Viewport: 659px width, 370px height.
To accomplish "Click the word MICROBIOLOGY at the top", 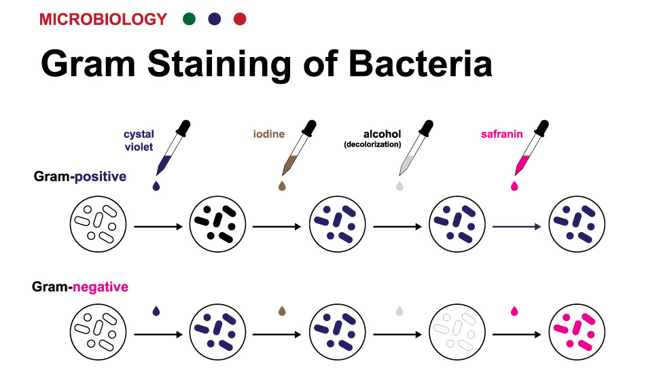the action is pyautogui.click(x=103, y=19).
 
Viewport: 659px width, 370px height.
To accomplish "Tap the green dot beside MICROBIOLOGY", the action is pyautogui.click(x=189, y=19).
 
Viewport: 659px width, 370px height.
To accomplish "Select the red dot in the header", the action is pyautogui.click(x=240, y=19).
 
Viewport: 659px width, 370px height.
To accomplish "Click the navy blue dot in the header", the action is pyautogui.click(x=215, y=19).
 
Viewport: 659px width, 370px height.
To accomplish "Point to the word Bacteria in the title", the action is pyautogui.click(x=421, y=64).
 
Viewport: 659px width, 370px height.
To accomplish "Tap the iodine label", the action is pyautogui.click(x=269, y=134).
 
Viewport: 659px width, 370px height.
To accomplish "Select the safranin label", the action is pyautogui.click(x=502, y=134).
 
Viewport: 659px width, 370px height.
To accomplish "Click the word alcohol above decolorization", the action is pyautogui.click(x=382, y=134).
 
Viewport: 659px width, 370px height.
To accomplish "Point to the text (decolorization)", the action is pyautogui.click(x=372, y=145).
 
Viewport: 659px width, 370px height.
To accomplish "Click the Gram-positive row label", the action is pyautogui.click(x=80, y=177).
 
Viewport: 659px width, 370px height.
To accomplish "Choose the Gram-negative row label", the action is pyautogui.click(x=80, y=287).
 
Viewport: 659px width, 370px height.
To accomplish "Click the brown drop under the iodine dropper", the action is pyautogui.click(x=282, y=185).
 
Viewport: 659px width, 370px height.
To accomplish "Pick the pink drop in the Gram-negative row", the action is pyautogui.click(x=514, y=311).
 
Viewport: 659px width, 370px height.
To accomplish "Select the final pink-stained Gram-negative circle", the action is pyautogui.click(x=577, y=332).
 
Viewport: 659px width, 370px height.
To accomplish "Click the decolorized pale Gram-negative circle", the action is pyautogui.click(x=457, y=332).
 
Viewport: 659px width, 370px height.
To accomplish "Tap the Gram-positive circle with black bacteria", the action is pyautogui.click(x=217, y=224).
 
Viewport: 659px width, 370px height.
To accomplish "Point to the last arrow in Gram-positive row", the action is pyautogui.click(x=516, y=227).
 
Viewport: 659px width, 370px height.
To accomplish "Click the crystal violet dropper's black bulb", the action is pyautogui.click(x=183, y=128).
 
